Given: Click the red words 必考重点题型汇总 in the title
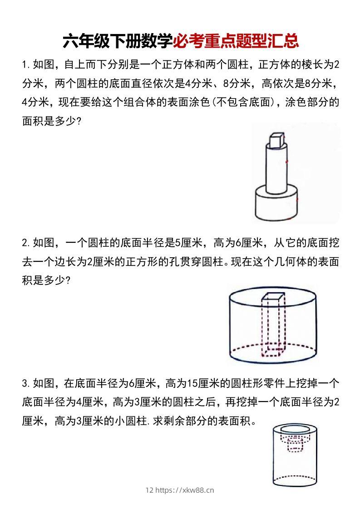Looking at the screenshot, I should (236, 41).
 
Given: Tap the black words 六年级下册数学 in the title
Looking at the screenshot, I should (117, 41).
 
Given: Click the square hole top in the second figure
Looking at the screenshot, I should (272, 297).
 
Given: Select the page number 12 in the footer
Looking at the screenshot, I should (149, 490).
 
